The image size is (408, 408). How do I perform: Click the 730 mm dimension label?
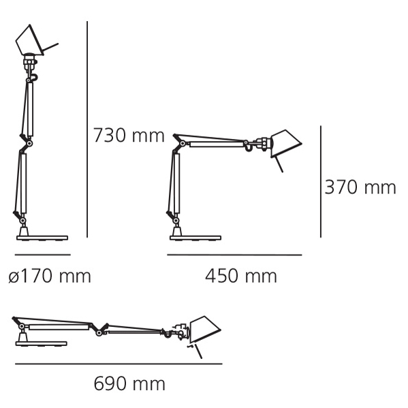[129, 136]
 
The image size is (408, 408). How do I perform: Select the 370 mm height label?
[360, 187]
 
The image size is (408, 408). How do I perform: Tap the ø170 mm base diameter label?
[50, 276]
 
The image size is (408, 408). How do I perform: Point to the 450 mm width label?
[241, 276]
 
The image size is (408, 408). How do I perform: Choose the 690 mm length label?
[129, 383]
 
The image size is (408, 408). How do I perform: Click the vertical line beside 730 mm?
[87, 129]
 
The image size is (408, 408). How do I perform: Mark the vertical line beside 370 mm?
[321, 182]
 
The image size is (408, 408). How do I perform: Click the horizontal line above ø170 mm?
[43, 255]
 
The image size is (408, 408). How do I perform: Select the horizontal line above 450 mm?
[234, 255]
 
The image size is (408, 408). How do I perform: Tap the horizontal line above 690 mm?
[119, 364]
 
